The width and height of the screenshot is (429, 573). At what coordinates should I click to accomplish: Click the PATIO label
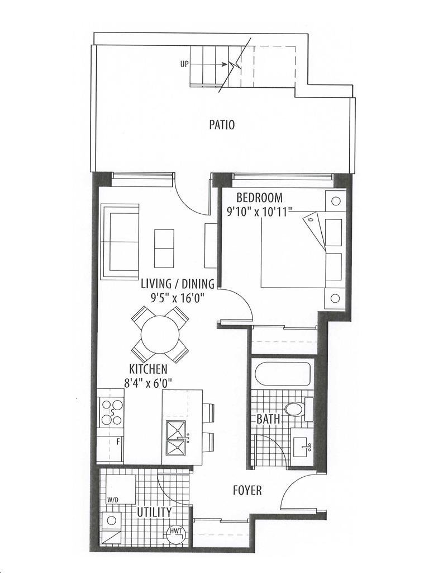click(x=222, y=125)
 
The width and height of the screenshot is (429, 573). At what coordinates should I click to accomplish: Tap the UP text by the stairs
click(x=184, y=64)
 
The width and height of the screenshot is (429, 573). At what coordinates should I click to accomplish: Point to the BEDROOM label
click(x=259, y=198)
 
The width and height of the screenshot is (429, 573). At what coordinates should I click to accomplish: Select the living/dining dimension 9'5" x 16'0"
click(x=177, y=298)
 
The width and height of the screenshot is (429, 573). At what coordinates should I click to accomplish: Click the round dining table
click(x=160, y=335)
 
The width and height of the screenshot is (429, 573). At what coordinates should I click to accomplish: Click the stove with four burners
click(x=111, y=412)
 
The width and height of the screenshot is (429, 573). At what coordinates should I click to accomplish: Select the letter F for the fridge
click(x=118, y=442)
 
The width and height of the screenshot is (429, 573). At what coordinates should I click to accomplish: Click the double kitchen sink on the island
click(x=176, y=438)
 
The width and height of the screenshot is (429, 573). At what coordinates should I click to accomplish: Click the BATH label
click(x=268, y=419)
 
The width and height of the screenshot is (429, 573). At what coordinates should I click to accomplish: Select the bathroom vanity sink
click(x=302, y=447)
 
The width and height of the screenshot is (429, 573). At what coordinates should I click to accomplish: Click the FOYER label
click(x=247, y=490)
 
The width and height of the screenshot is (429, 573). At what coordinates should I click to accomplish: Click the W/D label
click(x=111, y=499)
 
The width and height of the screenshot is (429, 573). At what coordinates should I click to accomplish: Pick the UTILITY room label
click(x=154, y=513)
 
